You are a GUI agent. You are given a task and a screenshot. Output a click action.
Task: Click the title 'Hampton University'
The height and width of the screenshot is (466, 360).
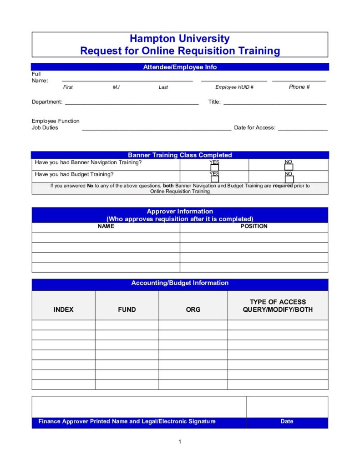coord(179,39)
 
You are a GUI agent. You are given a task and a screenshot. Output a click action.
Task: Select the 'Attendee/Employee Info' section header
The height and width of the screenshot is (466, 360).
coord(180,67)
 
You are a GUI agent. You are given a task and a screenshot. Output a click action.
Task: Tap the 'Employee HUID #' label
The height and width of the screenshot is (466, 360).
coord(234,87)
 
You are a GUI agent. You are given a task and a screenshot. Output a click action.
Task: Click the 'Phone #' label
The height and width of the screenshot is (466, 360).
coord(299,86)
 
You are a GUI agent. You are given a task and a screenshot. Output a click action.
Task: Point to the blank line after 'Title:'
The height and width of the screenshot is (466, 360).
coord(274,103)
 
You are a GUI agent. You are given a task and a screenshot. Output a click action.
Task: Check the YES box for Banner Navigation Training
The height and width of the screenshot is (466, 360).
coord(214,167)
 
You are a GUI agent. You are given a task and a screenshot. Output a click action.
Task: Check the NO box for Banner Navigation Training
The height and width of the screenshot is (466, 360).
coord(289,167)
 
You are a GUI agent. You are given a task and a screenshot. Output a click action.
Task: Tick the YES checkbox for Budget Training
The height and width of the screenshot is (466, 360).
coord(214,179)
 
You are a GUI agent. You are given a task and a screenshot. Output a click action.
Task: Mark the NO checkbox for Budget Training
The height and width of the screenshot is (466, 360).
coord(289,179)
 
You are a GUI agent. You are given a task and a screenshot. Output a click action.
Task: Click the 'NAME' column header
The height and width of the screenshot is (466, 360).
coord(106,226)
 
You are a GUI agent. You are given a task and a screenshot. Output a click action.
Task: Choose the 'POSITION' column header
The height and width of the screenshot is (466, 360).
coord(254,226)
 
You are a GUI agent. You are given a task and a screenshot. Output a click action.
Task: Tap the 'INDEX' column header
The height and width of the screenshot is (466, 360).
coord(63,309)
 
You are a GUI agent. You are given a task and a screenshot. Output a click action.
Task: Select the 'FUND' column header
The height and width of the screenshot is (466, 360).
coord(127,309)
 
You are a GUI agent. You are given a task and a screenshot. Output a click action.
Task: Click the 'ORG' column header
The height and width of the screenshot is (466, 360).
coord(193,309)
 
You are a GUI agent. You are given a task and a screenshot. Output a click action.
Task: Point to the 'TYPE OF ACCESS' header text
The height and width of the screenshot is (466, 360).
coord(278,302)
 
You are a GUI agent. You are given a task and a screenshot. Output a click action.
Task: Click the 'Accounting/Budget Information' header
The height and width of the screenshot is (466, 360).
coord(180,283)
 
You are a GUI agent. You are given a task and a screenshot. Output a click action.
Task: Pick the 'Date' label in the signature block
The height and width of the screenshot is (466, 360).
coord(287,421)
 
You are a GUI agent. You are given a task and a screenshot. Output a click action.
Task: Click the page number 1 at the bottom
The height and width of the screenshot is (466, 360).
coord(180,441)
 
